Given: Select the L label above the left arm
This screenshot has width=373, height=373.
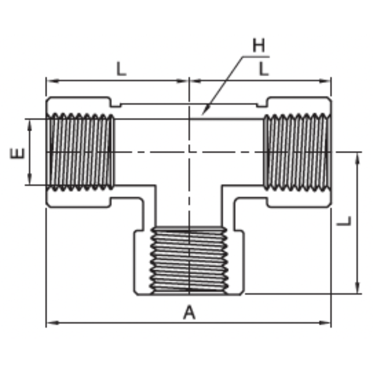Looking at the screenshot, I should pos(121,69).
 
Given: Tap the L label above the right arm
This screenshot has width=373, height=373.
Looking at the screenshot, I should pos(264,69).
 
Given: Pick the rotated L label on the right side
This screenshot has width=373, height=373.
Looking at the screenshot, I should pos(345,221).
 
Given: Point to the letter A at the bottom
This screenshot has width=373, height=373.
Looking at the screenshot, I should pos(189,313).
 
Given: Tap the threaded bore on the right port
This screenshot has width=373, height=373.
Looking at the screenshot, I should pos(296,152).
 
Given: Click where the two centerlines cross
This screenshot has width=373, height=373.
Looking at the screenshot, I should pos(189,152).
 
